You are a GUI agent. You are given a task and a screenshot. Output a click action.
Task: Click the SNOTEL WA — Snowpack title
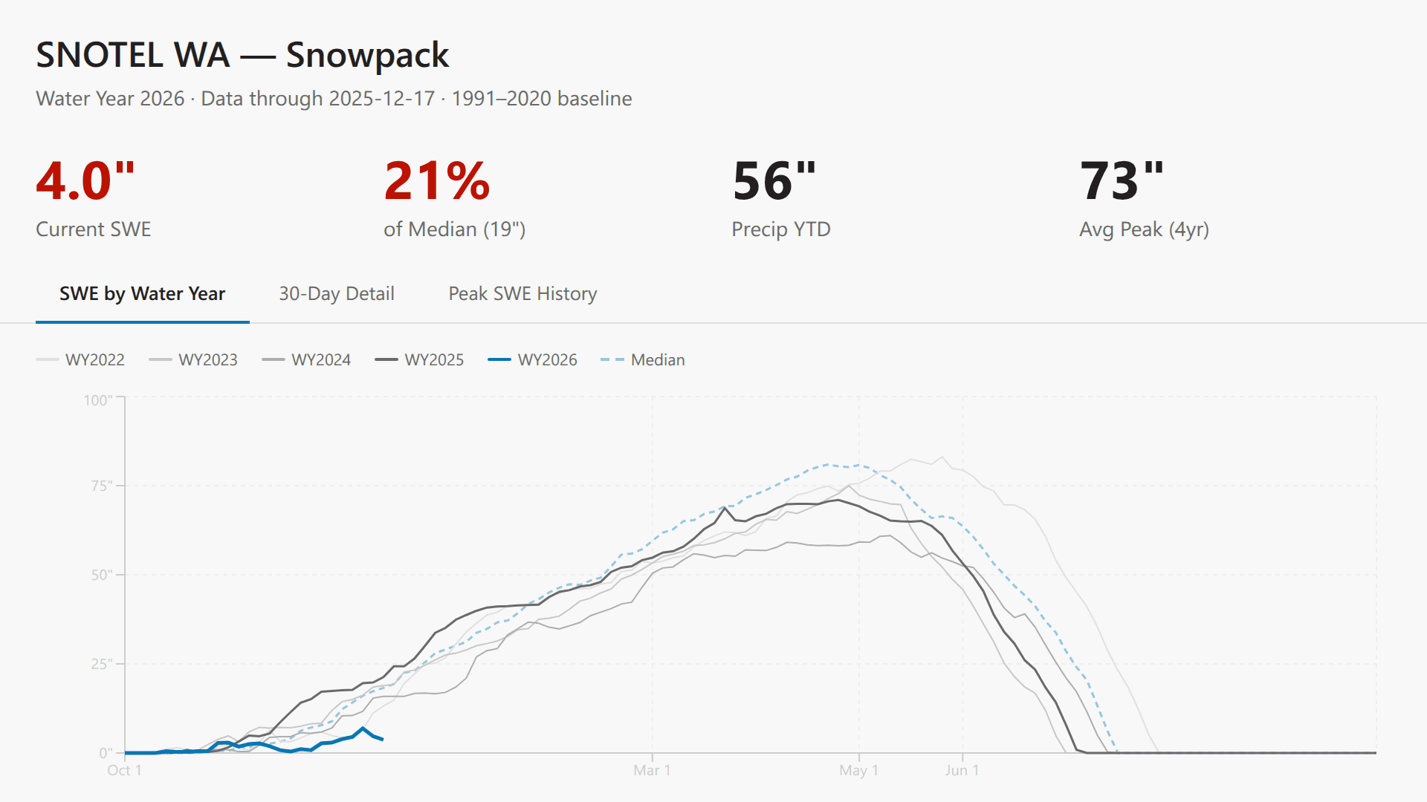point(242,55)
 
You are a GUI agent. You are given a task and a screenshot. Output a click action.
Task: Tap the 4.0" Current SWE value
point(85,181)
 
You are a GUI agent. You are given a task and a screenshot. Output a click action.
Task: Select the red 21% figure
point(436,181)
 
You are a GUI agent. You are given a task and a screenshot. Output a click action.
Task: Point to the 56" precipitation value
point(774,181)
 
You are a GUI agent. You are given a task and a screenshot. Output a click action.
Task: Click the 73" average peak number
point(1122,181)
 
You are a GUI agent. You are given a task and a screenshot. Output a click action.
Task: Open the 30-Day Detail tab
point(337,294)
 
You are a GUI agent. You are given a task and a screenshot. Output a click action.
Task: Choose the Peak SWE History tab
point(522,294)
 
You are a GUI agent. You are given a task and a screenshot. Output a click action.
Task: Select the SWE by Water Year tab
point(142,294)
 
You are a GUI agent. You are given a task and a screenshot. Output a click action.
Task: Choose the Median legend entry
point(643,360)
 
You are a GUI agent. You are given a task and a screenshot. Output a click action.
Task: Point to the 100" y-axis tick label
point(98,401)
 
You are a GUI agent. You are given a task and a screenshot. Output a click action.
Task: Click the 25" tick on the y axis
point(101,664)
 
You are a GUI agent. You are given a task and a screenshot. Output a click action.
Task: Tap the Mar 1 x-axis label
point(652,771)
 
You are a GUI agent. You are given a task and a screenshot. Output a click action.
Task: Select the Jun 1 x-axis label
point(962,771)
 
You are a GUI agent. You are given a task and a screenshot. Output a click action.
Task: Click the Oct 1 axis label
point(124,771)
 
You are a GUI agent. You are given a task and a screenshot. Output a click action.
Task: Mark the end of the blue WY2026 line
point(382,740)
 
